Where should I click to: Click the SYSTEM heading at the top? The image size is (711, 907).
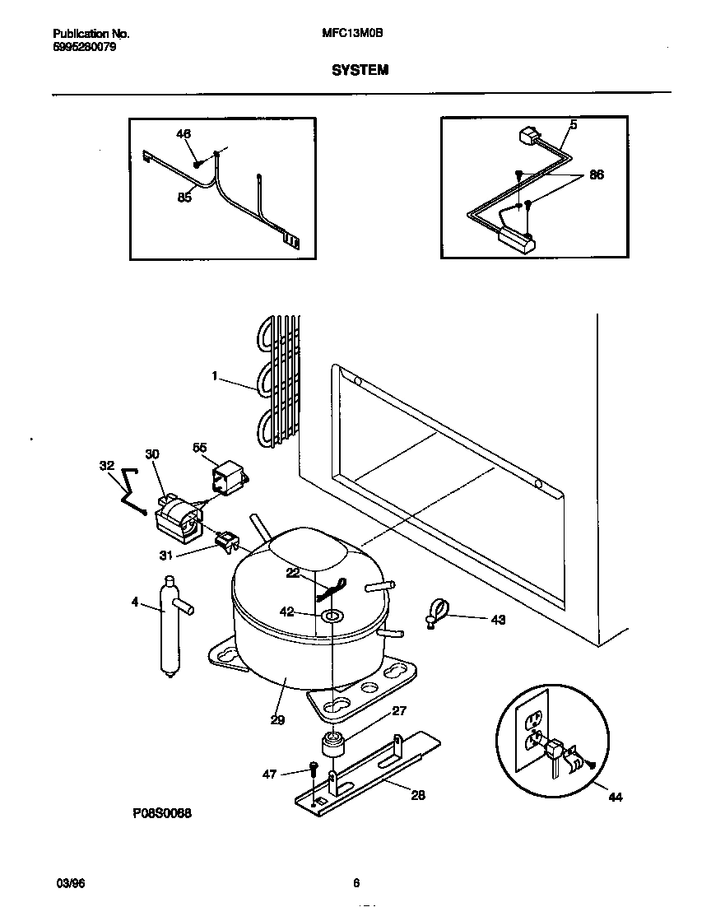pyautogui.click(x=360, y=71)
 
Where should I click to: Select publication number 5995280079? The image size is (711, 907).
pyautogui.click(x=84, y=47)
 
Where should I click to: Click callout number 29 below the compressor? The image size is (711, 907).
pyautogui.click(x=277, y=719)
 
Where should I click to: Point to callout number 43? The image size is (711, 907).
pyautogui.click(x=497, y=620)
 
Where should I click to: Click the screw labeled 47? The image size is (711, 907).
pyautogui.click(x=314, y=769)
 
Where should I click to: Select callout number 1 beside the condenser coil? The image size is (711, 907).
pyautogui.click(x=215, y=375)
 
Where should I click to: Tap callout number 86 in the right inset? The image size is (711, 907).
pyautogui.click(x=597, y=175)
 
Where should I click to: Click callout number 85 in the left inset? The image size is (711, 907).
pyautogui.click(x=184, y=197)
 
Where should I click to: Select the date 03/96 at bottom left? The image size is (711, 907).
pyautogui.click(x=71, y=883)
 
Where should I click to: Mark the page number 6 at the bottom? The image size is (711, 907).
pyautogui.click(x=355, y=883)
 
